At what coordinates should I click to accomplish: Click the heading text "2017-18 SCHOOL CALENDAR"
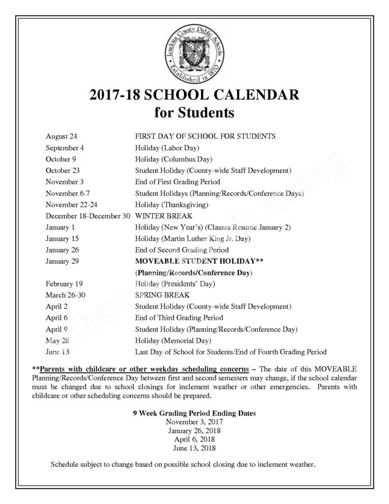pyautogui.click(x=194, y=95)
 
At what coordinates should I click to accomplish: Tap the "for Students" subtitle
pyautogui.click(x=194, y=113)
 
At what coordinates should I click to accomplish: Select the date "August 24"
pyautogui.click(x=61, y=136)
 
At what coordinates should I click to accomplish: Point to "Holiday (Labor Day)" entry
pyautogui.click(x=167, y=147)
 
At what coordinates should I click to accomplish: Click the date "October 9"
pyautogui.click(x=60, y=159)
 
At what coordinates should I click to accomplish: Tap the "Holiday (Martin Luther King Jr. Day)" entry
pyautogui.click(x=193, y=239)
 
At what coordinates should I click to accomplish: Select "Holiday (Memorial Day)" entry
pyautogui.click(x=173, y=341)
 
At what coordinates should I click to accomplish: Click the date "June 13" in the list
pyautogui.click(x=57, y=352)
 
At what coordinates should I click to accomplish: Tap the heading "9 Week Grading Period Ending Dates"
pyautogui.click(x=194, y=413)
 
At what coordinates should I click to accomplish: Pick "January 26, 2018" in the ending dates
pyautogui.click(x=194, y=431)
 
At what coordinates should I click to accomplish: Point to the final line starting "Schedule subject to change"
pyautogui.click(x=182, y=464)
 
